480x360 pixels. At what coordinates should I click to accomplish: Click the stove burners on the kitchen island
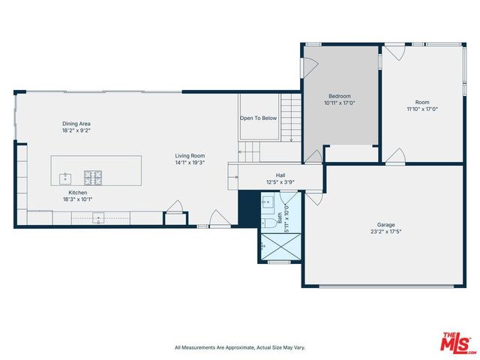point(93,178)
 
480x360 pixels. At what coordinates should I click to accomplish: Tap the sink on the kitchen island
point(65,178)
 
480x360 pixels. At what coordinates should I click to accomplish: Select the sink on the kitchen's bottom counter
point(97,219)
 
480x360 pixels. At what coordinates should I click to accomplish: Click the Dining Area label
point(76,124)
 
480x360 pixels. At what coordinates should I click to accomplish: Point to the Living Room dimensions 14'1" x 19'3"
point(190,163)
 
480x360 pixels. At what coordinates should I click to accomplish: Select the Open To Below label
point(258,118)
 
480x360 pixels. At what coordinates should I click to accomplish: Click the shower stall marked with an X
point(278,245)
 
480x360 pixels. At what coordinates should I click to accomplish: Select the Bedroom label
point(339,96)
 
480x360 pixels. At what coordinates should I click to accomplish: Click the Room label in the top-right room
point(422,102)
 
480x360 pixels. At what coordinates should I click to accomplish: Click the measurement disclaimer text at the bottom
point(239,347)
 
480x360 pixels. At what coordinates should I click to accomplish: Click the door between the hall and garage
point(315,196)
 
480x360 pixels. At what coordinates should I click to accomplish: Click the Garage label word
point(385,224)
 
